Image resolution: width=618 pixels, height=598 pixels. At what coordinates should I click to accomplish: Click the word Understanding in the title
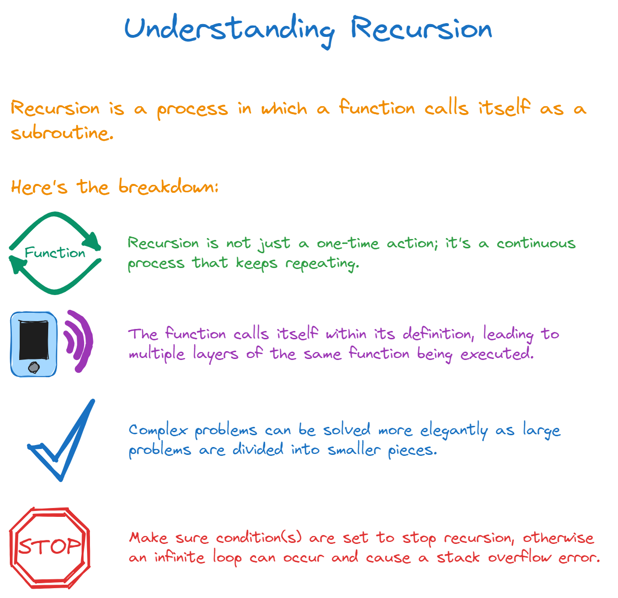coord(229,30)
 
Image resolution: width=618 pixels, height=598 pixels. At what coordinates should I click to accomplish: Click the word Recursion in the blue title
coord(421,29)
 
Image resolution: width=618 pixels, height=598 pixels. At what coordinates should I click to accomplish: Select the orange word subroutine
coord(62,132)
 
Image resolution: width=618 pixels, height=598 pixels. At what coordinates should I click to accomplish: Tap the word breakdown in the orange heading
coord(168,186)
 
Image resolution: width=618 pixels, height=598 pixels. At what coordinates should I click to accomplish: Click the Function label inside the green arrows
coord(55,252)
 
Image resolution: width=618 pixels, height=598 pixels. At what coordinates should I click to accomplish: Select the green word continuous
coord(536,243)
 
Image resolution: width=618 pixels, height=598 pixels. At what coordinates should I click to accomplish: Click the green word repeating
coord(322,264)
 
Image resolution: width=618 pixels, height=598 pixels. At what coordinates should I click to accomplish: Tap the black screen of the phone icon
coord(34,340)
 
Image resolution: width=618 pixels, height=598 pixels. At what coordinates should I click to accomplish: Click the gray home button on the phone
coord(33,367)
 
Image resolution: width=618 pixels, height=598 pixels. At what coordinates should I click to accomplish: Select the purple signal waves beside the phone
coord(78,341)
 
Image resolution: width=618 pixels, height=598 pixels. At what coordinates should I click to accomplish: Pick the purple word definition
coord(439,333)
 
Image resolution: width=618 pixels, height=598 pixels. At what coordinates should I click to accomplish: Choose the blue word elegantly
coord(454,430)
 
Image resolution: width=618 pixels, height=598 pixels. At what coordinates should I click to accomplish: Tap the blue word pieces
coord(412,450)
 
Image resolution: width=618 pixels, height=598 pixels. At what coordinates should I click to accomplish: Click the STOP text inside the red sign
coord(50,546)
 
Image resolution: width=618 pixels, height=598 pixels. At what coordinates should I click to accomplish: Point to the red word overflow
coord(520,557)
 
